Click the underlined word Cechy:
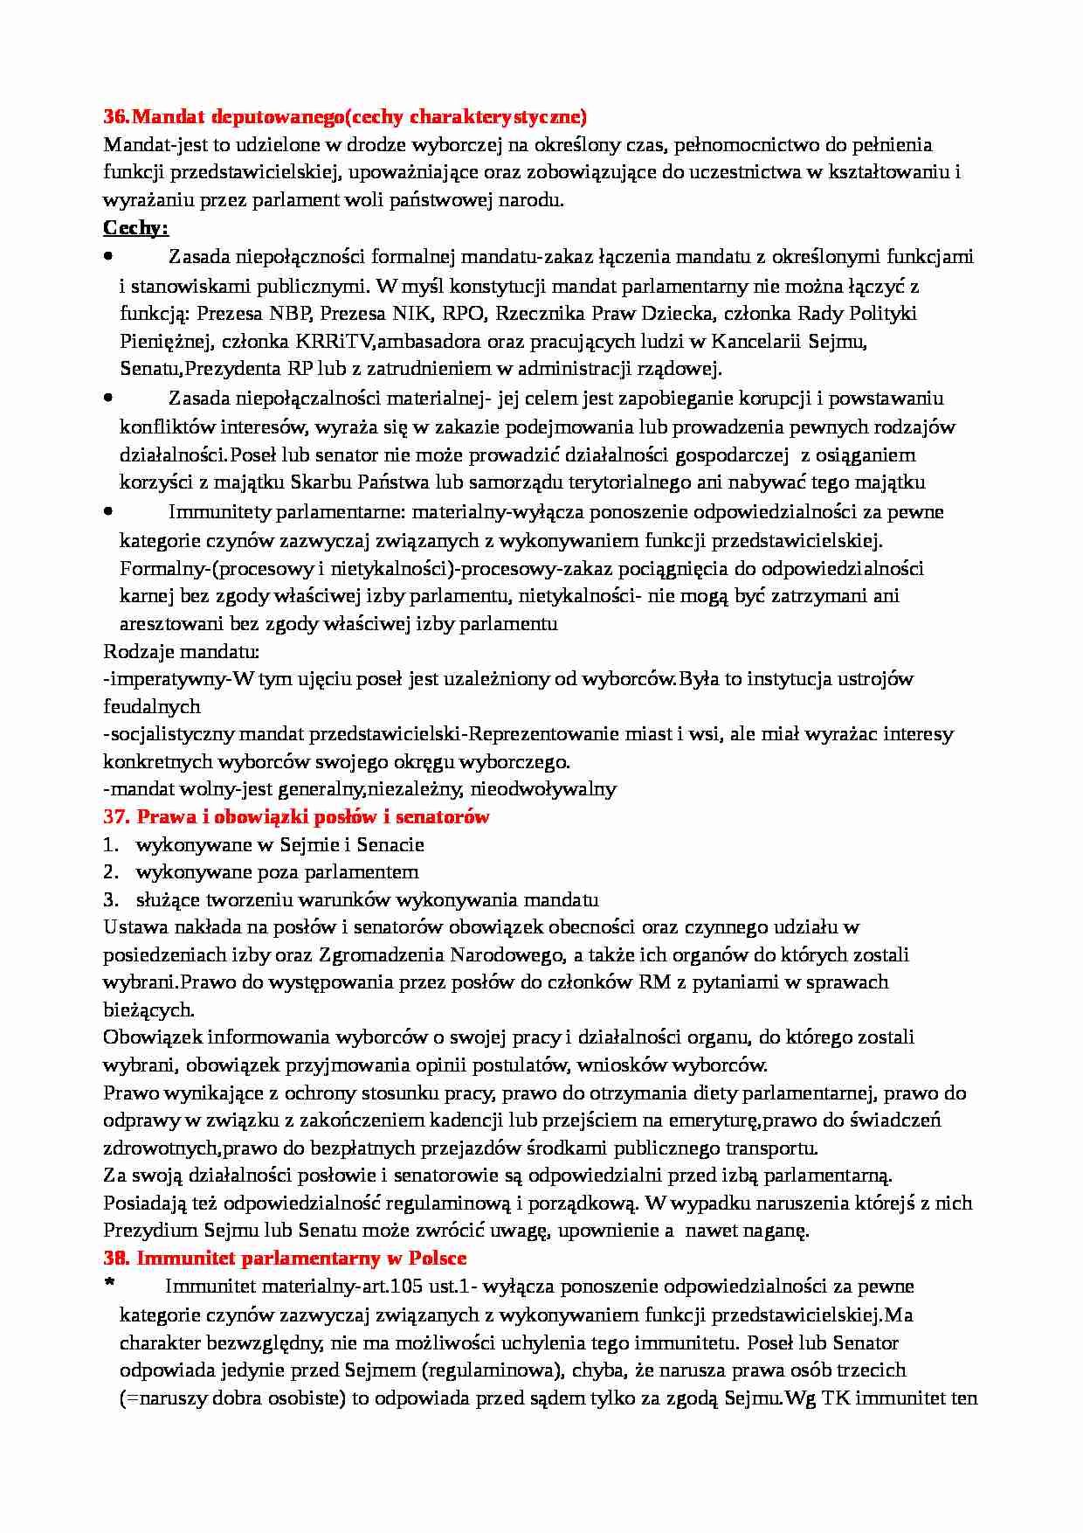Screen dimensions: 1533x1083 click(135, 228)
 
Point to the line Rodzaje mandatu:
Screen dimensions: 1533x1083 click(181, 651)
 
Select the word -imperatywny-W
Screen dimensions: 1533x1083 click(179, 679)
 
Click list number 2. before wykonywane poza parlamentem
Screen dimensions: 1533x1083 click(110, 872)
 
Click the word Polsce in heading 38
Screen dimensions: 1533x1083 click(438, 1259)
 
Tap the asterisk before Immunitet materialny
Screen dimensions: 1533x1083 click(109, 1285)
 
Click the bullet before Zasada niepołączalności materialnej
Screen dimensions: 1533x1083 click(108, 398)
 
